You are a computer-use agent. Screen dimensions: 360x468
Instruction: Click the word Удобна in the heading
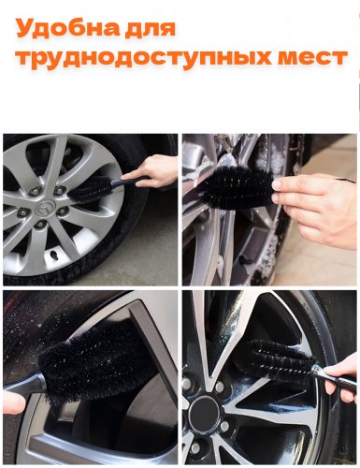point(66,28)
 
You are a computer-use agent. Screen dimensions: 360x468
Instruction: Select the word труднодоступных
point(142,58)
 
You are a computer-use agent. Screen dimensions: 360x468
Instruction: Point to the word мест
point(312,58)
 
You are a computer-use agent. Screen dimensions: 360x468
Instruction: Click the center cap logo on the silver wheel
point(45,208)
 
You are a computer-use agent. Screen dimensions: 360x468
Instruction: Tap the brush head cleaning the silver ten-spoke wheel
point(90,189)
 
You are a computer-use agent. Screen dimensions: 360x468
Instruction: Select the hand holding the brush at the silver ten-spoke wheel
point(151,170)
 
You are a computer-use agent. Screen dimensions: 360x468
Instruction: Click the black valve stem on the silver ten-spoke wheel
point(55,256)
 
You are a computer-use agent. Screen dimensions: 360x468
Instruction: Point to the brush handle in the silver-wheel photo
point(129,182)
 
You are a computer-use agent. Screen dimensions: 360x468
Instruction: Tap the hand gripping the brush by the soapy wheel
point(316,207)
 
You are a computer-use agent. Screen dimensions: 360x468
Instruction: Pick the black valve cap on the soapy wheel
point(246,259)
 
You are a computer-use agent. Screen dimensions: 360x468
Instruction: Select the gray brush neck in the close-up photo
point(26,387)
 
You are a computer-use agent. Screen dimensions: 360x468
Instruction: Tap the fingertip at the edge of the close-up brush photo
point(12,403)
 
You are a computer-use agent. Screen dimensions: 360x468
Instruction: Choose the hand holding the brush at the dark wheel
point(342,377)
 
